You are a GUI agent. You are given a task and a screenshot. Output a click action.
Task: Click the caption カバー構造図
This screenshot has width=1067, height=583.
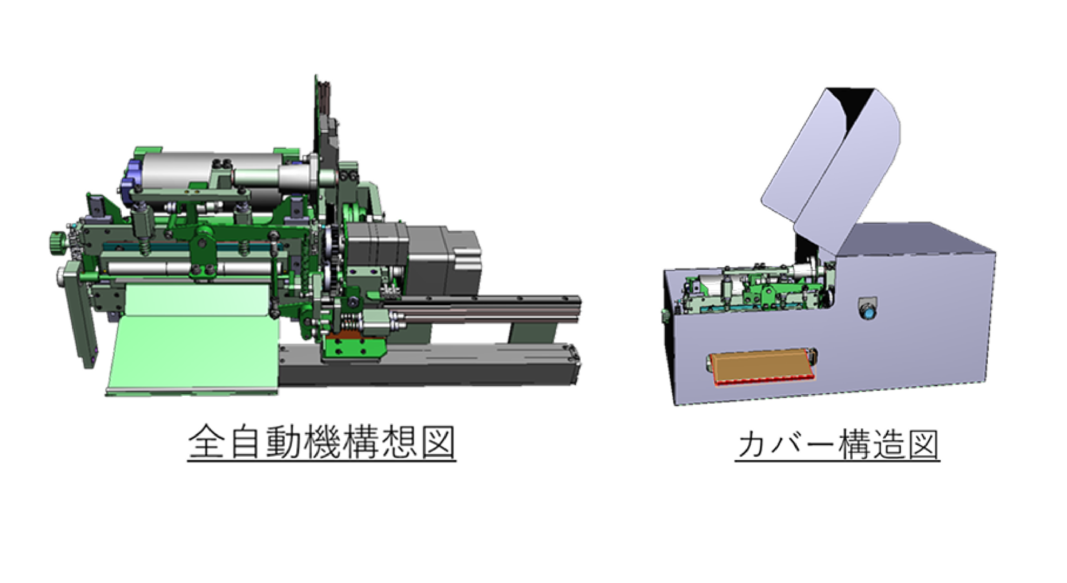pyautogui.click(x=837, y=445)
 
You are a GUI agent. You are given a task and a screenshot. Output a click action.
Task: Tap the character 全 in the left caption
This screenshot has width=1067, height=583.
pyautogui.click(x=206, y=442)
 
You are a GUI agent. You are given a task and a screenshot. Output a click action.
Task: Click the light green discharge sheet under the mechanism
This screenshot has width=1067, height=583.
pyautogui.click(x=193, y=339)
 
